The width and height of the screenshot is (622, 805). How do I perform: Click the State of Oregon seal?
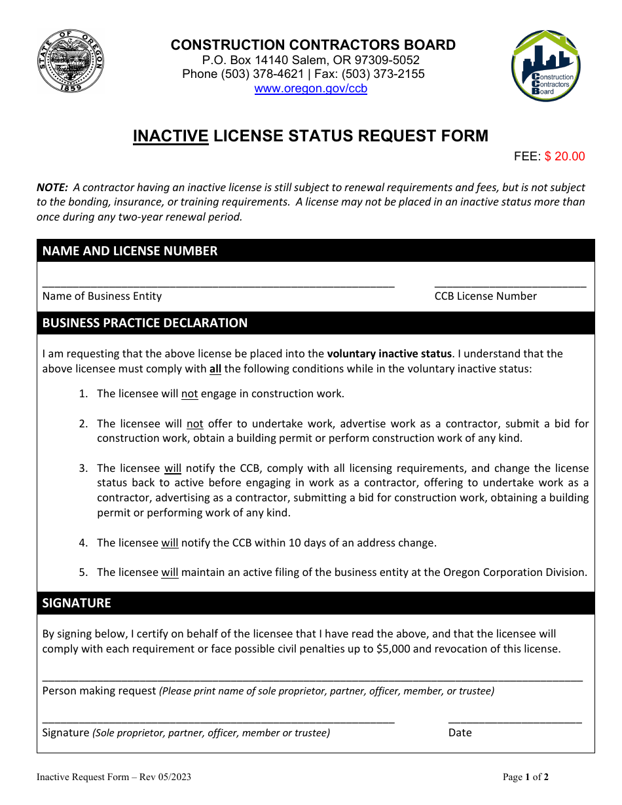coord(70,63)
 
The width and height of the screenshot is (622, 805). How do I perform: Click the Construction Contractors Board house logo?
coord(545,67)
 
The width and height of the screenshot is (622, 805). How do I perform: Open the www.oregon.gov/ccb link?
coord(310,89)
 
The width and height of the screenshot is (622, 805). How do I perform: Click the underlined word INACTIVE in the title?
coord(171,136)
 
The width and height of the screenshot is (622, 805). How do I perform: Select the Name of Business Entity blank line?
coord(218,285)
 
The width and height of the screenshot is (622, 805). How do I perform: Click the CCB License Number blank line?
coord(510,285)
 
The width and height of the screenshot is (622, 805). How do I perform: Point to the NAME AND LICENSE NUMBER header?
coord(130,251)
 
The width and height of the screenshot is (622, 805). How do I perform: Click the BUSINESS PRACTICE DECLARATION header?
coord(145,323)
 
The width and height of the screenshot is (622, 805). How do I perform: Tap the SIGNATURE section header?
coord(77,603)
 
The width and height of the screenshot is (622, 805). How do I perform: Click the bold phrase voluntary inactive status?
coord(389,353)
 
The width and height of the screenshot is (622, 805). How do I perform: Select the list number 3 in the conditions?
coord(83,468)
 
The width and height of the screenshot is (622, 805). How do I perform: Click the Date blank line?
coord(515,721)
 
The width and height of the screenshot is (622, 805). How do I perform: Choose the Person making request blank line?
coord(312,679)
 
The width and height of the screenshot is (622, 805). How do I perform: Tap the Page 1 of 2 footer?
coord(525,778)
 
